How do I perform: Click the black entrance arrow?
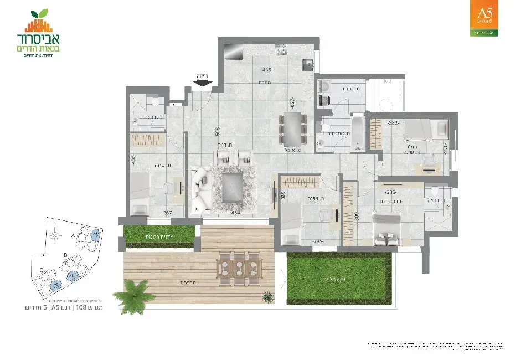(204, 83)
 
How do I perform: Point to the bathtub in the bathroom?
(357, 132)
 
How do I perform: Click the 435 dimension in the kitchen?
(267, 70)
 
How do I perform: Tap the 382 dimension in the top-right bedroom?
(394, 123)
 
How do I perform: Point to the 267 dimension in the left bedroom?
(152, 213)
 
